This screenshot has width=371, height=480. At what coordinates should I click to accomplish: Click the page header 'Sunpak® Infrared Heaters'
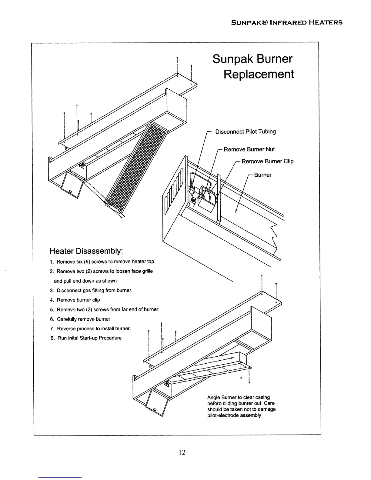[x=286, y=22]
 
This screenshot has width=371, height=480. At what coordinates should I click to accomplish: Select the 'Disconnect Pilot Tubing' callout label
[x=245, y=132]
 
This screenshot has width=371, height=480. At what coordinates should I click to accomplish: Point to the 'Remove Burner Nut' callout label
[x=249, y=149]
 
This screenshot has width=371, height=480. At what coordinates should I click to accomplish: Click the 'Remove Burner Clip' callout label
[x=267, y=161]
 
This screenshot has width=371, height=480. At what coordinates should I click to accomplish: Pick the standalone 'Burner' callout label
[x=262, y=175]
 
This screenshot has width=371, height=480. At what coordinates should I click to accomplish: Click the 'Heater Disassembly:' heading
[x=86, y=251]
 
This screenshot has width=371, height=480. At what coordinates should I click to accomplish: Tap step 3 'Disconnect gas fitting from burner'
[x=91, y=290]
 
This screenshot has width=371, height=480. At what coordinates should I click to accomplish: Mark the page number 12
[x=182, y=452]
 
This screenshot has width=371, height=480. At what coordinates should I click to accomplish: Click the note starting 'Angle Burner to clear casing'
[x=241, y=406]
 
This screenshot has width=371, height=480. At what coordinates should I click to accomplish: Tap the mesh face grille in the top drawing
[x=136, y=164]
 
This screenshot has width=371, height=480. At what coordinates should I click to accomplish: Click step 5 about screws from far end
[x=104, y=309]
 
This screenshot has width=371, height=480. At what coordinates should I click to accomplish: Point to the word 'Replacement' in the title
[x=259, y=74]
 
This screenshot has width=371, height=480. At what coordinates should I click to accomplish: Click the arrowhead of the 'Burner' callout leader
[x=236, y=211]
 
